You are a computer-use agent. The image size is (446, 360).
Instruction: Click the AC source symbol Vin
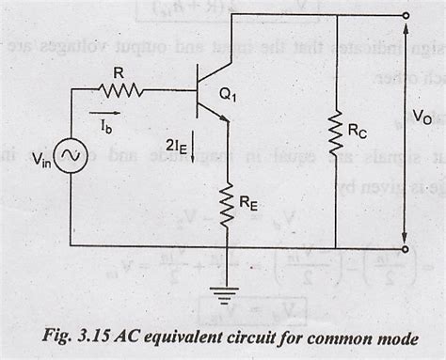[72, 161]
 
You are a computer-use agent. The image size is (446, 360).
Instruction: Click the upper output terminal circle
[406, 16]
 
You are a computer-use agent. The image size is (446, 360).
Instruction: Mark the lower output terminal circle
[406, 249]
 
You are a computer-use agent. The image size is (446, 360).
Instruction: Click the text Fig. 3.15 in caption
[83, 335]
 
